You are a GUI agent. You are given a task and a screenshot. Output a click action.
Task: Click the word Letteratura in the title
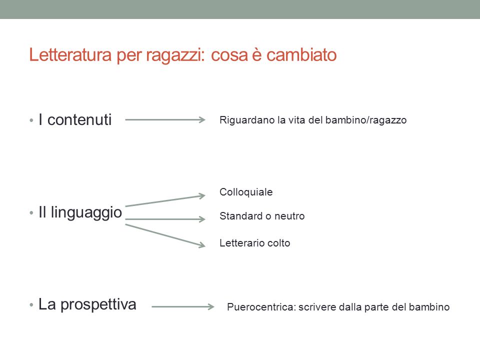click(x=70, y=55)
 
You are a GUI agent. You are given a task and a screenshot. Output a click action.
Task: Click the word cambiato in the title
click(x=301, y=55)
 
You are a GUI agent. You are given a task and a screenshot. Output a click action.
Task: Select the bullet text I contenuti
click(x=75, y=119)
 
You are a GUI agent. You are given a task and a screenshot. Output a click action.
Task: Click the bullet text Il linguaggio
click(x=80, y=213)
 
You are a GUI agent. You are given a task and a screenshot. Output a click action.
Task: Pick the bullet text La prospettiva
click(x=87, y=305)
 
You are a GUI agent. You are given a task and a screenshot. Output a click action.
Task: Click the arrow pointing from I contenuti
click(x=165, y=119)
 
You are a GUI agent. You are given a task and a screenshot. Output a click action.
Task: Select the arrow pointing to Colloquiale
click(x=165, y=200)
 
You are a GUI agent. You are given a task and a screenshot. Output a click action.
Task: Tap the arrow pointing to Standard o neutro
click(x=165, y=219)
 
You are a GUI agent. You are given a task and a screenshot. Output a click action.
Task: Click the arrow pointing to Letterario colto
click(x=165, y=235)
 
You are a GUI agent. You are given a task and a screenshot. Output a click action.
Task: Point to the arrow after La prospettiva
click(x=183, y=306)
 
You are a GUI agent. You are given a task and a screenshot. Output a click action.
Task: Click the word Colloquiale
click(x=246, y=192)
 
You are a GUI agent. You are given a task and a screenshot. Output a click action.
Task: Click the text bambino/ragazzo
click(x=366, y=120)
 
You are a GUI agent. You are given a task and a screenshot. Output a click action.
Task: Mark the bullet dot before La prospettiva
click(x=31, y=305)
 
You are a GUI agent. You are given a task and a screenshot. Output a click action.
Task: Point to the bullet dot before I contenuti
click(x=31, y=120)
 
